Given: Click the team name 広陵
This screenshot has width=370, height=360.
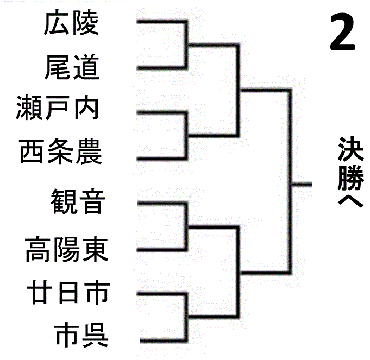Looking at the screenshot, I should click(x=71, y=24).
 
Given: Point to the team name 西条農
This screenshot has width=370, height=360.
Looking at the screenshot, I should click(x=60, y=152).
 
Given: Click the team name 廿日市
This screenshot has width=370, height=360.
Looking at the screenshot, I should click(x=68, y=292).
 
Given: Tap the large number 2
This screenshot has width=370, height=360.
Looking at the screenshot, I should click(x=342, y=34).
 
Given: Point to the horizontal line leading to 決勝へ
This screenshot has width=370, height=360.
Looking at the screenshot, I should click(x=302, y=185).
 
